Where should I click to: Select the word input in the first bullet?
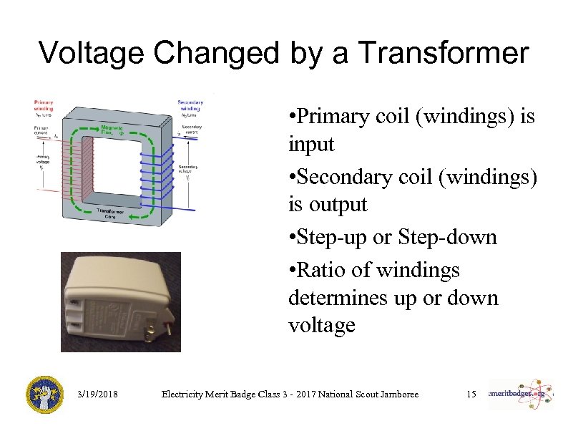(311, 144)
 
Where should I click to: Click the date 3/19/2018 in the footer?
(96, 394)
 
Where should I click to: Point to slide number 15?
(471, 394)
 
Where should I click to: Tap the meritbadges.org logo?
(520, 394)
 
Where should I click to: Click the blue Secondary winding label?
(190, 105)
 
